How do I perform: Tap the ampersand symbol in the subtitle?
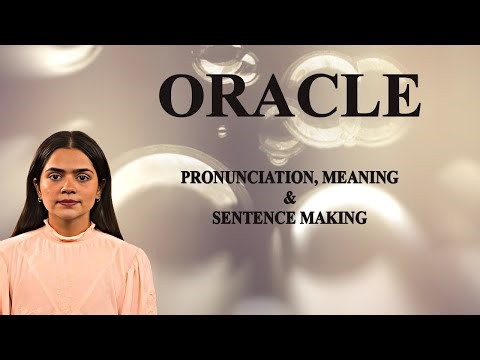pos(290,196)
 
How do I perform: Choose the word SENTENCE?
pos(254,215)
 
